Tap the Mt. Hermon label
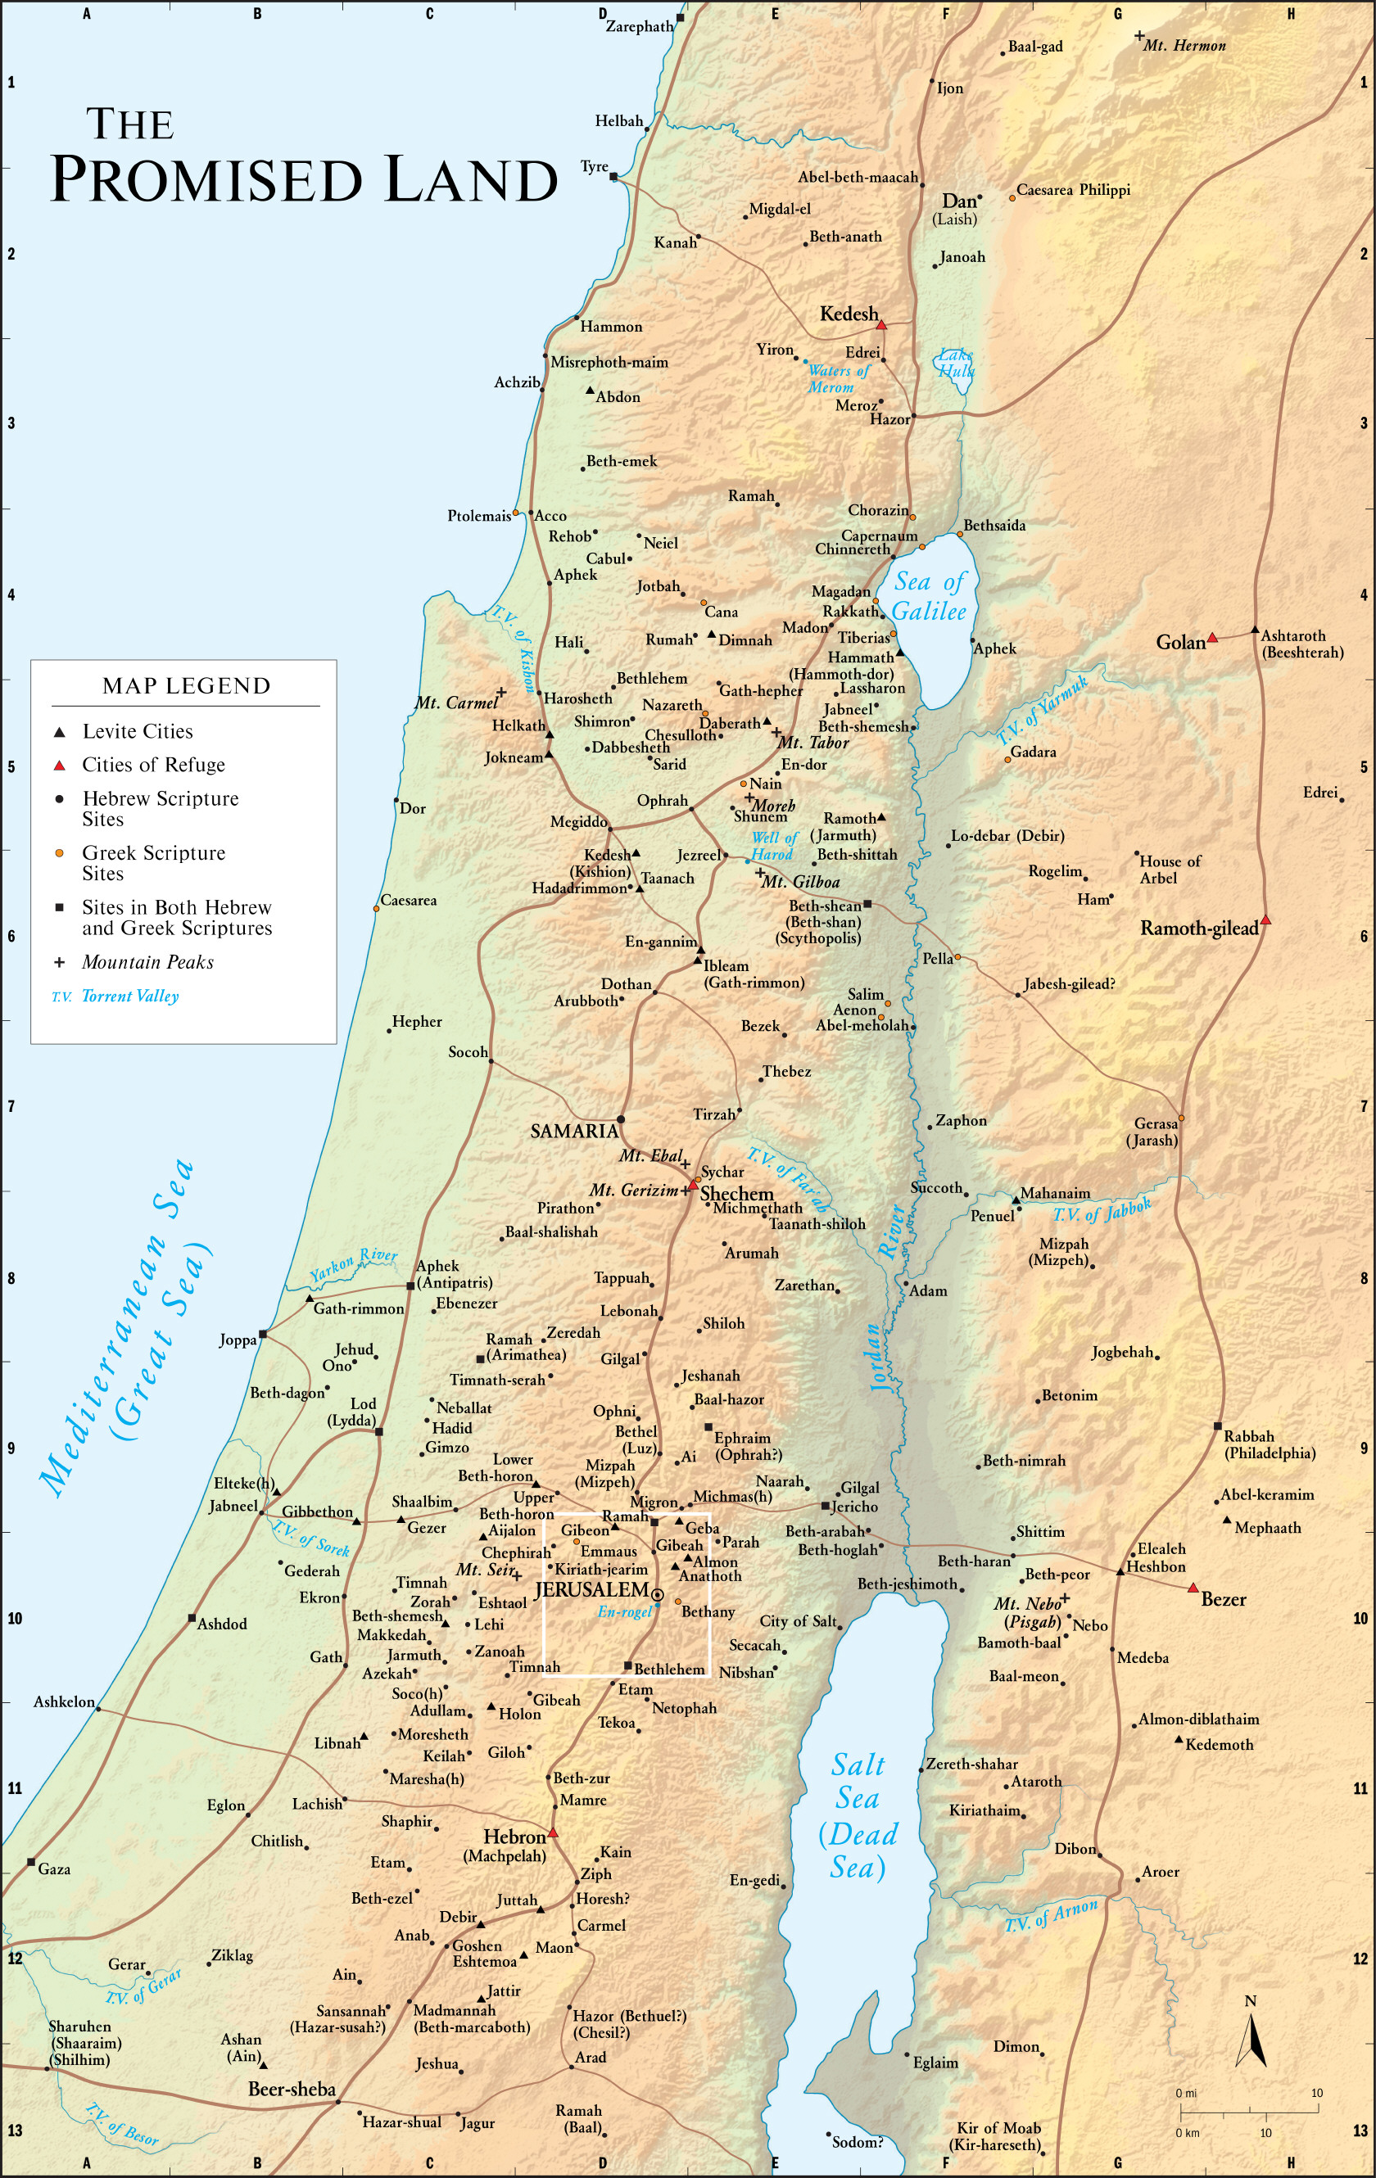click(x=1184, y=46)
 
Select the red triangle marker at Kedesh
click(x=881, y=323)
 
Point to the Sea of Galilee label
click(x=930, y=596)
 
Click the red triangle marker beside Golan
click(x=1212, y=638)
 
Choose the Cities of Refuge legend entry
click(x=153, y=766)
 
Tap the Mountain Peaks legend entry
click(x=147, y=962)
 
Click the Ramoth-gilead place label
click(x=1199, y=928)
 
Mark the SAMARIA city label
click(x=573, y=1131)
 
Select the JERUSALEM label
click(x=591, y=1589)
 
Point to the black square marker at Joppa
click(x=263, y=1334)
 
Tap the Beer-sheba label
click(x=292, y=2090)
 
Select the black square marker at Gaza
click(x=31, y=1862)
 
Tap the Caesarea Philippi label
click(x=1073, y=190)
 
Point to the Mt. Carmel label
click(x=456, y=703)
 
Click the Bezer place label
click(x=1223, y=1600)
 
